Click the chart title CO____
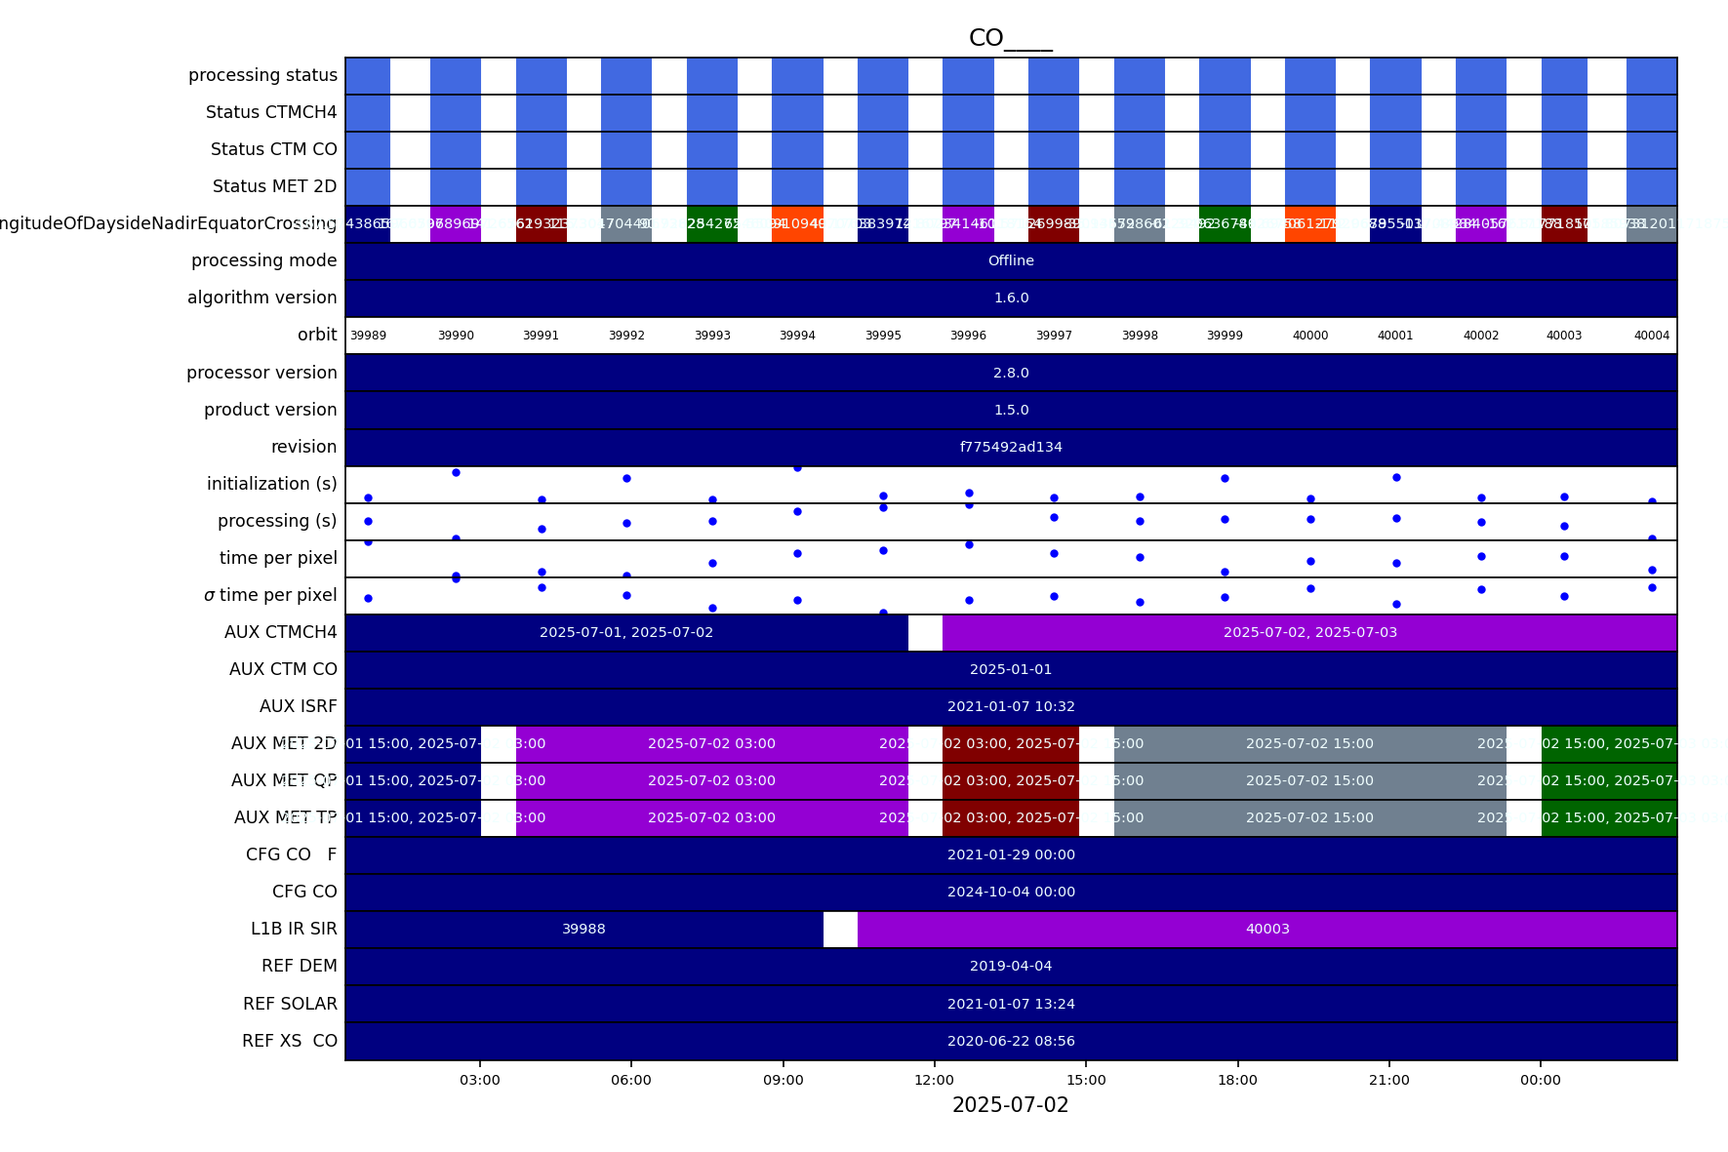(x=1010, y=38)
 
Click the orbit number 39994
(x=797, y=336)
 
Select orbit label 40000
(x=1309, y=336)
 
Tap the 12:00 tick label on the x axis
(x=934, y=1080)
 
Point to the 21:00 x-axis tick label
(x=1388, y=1080)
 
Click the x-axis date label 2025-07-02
(x=1010, y=1105)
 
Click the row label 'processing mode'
(x=263, y=260)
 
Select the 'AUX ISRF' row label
(x=298, y=706)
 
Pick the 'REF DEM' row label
(x=299, y=966)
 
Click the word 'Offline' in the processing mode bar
(x=1011, y=260)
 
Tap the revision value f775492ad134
(x=1011, y=447)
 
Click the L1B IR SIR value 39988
(x=583, y=929)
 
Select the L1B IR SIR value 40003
(x=1267, y=929)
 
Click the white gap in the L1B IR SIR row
(x=840, y=929)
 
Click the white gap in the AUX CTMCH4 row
(x=925, y=632)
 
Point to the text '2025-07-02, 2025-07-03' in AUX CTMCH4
(x=1309, y=632)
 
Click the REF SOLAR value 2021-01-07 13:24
(x=1011, y=1004)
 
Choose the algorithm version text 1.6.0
(x=1011, y=298)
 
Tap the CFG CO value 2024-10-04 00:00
(x=1011, y=892)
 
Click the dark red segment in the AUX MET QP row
(x=1011, y=780)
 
